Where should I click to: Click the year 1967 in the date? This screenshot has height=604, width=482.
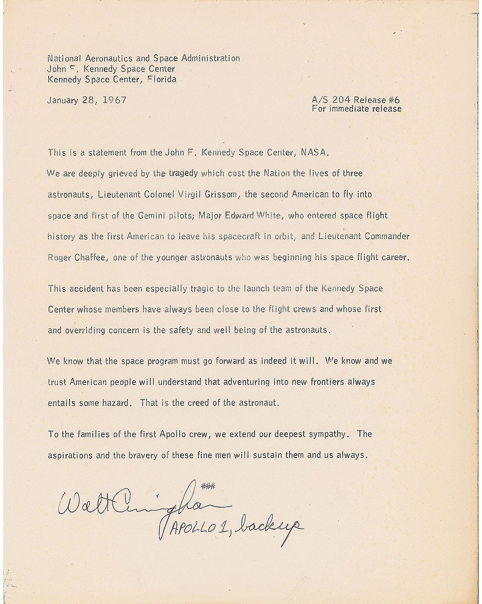click(115, 100)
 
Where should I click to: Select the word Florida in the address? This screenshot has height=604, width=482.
click(162, 79)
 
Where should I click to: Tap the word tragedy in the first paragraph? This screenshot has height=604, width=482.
click(184, 173)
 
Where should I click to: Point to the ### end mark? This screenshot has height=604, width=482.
click(208, 486)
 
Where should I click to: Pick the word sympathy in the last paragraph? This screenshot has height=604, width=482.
click(327, 434)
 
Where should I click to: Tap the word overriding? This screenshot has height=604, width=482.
click(84, 330)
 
